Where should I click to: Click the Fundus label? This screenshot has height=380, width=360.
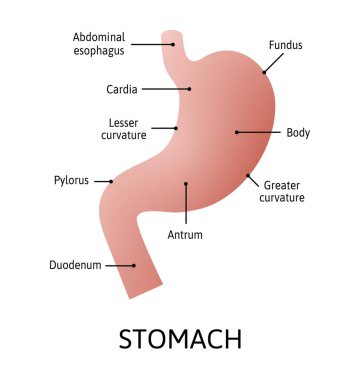pos(285,45)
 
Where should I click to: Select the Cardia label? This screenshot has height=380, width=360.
pos(122,89)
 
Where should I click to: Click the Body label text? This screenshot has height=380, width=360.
pos(298,132)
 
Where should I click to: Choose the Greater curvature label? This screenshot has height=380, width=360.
pos(284,191)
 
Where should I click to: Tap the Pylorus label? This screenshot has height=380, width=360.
pos(71,181)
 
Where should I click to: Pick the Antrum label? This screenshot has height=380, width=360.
pos(186,235)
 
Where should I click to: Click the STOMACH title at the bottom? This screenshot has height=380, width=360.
pos(180,338)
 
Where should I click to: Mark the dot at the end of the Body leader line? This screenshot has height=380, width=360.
pos(237,132)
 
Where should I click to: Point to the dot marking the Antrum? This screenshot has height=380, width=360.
pos(186,183)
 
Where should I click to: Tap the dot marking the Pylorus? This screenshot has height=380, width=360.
pos(111,181)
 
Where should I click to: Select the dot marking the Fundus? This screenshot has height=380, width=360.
pos(264,71)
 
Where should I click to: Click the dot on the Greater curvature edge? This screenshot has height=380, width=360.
pos(248,176)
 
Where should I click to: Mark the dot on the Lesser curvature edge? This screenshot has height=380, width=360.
pos(177,128)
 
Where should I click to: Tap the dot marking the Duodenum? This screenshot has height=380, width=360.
pos(135,265)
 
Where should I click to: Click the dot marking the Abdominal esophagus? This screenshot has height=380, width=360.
pos(174,43)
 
